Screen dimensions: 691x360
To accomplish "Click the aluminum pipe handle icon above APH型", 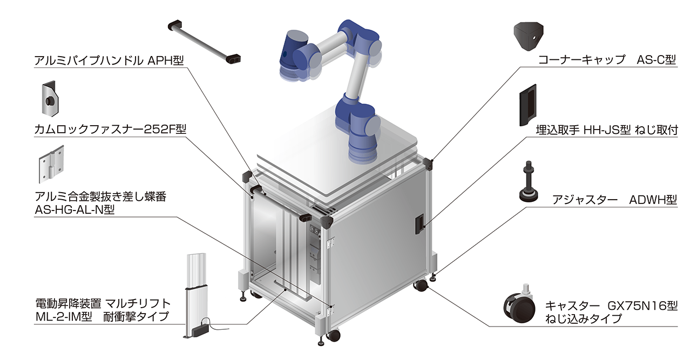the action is click(204, 42).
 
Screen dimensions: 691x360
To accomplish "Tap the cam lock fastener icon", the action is click(50, 99).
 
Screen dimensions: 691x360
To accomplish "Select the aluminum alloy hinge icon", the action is click(51, 164).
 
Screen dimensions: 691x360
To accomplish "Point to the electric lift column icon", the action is click(196, 296).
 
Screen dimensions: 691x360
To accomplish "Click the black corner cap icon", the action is click(529, 36).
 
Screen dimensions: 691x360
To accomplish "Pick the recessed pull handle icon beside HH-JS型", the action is click(528, 105).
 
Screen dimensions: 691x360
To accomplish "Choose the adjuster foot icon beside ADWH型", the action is click(529, 181).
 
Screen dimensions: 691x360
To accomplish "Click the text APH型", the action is click(166, 60).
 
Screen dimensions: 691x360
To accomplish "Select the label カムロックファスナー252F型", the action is click(110, 129).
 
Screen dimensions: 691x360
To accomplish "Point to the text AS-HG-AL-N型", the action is click(74, 210).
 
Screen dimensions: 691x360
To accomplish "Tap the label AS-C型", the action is click(656, 59).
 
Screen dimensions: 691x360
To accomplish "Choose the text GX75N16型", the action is click(642, 305).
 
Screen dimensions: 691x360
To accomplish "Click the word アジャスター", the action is click(585, 200).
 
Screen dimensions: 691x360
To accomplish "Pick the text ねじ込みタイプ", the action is click(584, 318).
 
